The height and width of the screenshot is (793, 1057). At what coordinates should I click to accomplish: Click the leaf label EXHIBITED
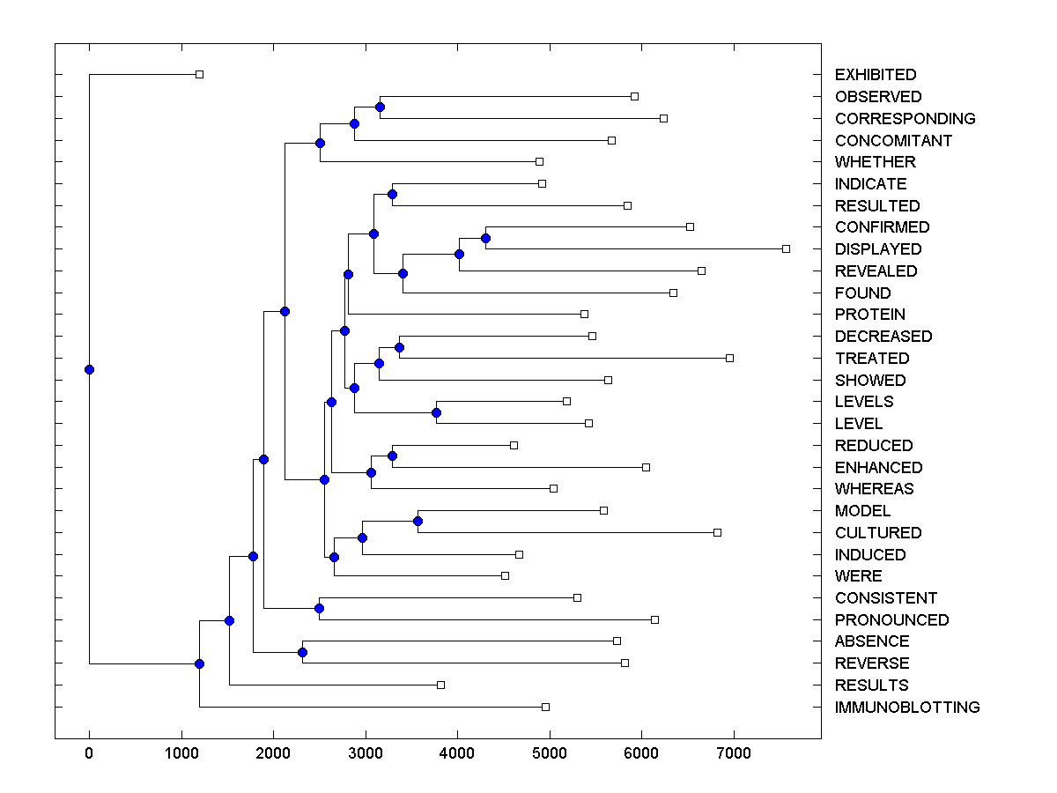coord(876,75)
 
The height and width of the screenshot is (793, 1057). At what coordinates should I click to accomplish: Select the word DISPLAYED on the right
coord(878,249)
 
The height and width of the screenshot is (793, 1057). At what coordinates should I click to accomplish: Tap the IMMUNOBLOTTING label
coord(907,708)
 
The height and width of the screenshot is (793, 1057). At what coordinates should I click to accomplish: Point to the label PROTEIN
coord(870,315)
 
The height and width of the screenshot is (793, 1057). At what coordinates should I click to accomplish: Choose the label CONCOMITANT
coord(893,141)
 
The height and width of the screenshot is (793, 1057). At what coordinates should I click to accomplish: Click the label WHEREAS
coord(875,489)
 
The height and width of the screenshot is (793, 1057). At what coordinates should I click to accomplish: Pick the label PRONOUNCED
coord(892,620)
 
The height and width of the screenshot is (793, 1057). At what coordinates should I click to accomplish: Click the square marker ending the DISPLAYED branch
coord(786,249)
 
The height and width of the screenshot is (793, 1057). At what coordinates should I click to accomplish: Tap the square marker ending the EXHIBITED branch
coord(199,75)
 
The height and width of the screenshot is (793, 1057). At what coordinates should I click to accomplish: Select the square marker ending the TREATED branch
coord(729,358)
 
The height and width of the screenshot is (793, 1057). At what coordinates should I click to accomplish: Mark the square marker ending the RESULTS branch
coord(441,685)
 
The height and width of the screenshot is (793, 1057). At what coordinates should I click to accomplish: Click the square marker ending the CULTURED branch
coord(717,532)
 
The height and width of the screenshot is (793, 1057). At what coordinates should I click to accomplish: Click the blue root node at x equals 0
coord(89,369)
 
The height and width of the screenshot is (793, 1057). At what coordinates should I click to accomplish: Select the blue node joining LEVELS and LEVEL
coord(436,412)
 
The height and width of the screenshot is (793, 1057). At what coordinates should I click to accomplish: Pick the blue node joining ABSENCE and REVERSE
coord(302,652)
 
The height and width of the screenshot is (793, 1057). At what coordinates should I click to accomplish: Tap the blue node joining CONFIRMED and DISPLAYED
coord(485,238)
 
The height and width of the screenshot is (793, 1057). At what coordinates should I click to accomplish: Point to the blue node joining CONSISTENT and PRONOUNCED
coord(320,609)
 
